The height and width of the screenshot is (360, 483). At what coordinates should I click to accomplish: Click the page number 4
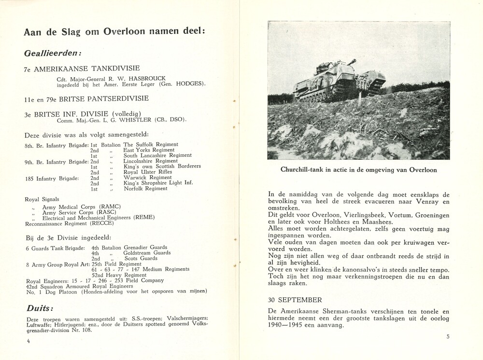[x=28, y=341]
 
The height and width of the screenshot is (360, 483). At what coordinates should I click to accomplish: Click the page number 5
[x=448, y=337]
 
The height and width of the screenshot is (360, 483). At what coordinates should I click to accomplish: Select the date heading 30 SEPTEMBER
[x=295, y=300]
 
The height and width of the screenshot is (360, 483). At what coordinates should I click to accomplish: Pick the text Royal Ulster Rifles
[x=147, y=172]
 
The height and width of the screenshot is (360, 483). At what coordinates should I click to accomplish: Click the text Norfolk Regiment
[x=145, y=189]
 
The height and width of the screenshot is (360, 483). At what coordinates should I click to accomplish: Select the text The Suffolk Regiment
[x=151, y=144]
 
